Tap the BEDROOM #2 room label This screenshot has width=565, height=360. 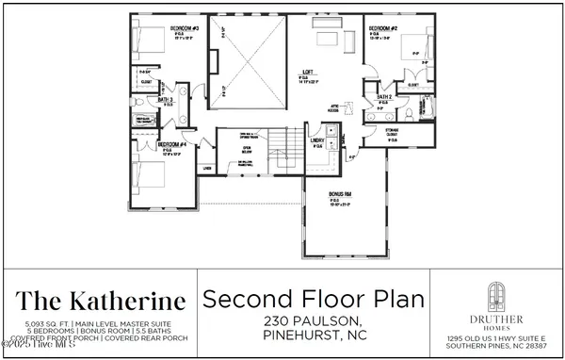381,29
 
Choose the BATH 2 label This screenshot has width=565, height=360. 384,96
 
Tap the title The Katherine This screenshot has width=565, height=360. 103,302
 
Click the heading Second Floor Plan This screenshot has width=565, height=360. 314,301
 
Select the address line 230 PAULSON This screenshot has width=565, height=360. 314,321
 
